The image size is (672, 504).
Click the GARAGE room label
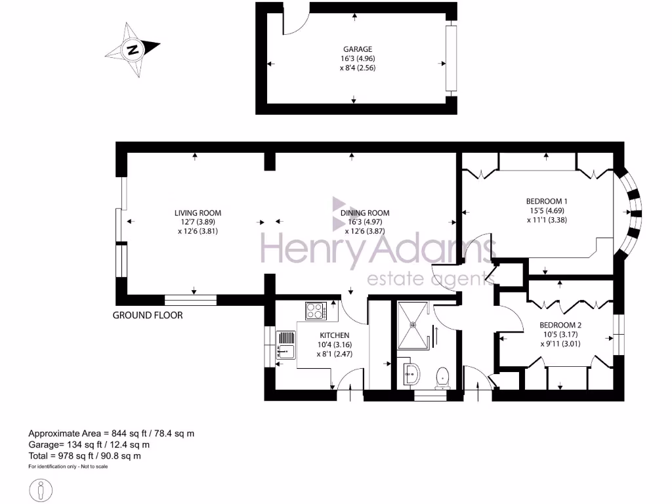point(358,49)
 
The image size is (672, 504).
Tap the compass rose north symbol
point(133,49)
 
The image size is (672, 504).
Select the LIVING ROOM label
point(198,213)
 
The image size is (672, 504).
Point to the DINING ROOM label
point(365,213)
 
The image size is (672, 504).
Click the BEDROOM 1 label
point(546,201)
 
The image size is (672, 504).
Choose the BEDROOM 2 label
point(560,325)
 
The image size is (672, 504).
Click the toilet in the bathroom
point(443,377)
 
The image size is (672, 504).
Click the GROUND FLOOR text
point(148,315)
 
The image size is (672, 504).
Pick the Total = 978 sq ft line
point(84,455)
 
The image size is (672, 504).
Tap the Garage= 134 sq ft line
point(90,444)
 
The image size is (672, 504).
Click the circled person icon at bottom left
point(41,489)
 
